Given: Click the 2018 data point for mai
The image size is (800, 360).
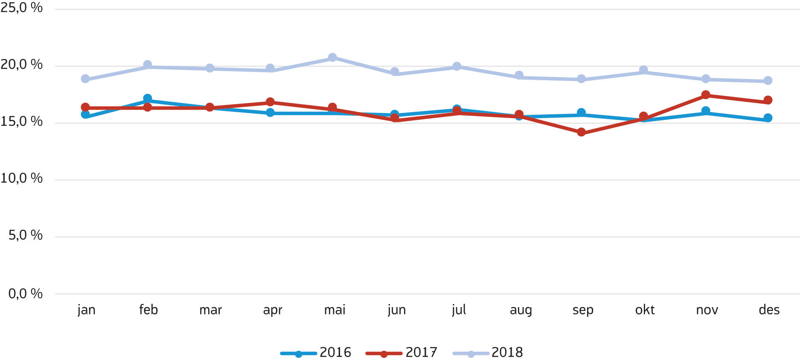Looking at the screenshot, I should pyautogui.click(x=332, y=58).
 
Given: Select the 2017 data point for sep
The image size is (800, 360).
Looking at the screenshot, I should pyautogui.click(x=581, y=132).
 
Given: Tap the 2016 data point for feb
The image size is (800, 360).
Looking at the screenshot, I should pyautogui.click(x=148, y=99).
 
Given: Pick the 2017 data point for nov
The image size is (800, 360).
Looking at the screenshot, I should pyautogui.click(x=706, y=95).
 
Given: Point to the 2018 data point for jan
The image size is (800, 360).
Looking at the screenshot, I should pyautogui.click(x=85, y=79).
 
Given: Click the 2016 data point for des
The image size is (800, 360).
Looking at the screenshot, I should pyautogui.click(x=768, y=118).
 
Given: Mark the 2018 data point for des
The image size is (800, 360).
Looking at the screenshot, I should pyautogui.click(x=768, y=81).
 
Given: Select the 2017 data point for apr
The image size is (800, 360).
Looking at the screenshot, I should pyautogui.click(x=270, y=102).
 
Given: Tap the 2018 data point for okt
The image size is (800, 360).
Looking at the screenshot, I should pyautogui.click(x=643, y=70).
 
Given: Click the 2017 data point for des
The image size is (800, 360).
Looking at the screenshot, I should pyautogui.click(x=768, y=100).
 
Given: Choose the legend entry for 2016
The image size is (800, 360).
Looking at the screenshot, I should pyautogui.click(x=316, y=353).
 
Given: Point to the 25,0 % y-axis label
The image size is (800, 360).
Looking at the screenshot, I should pyautogui.click(x=21, y=8).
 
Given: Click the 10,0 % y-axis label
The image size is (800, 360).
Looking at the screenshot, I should pyautogui.click(x=21, y=178).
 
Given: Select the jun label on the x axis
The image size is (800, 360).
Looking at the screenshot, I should pyautogui.click(x=397, y=310).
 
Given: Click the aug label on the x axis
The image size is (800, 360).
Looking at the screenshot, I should pyautogui.click(x=521, y=310).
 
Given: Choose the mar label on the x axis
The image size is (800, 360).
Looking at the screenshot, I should pyautogui.click(x=211, y=310).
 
